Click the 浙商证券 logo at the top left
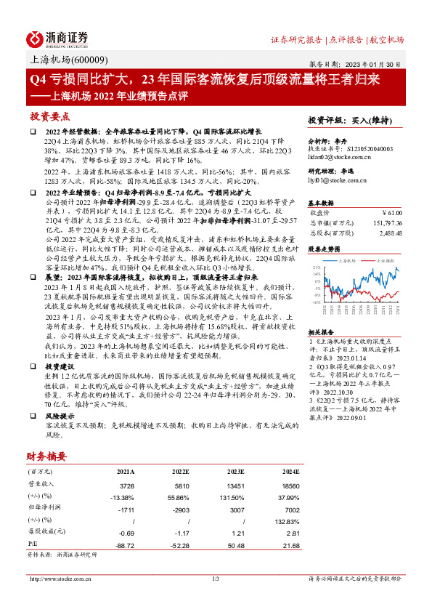pyautogui.click(x=58, y=39)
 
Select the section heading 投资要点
pyautogui.click(x=49, y=116)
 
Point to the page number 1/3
pyautogui.click(x=215, y=579)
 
